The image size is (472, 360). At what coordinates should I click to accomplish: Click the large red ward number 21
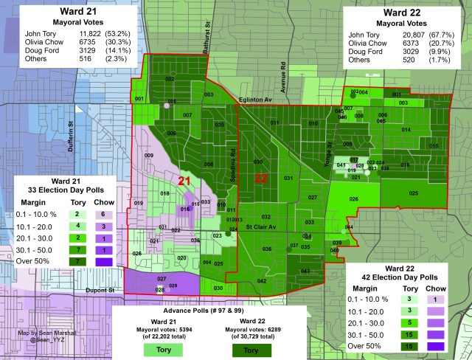[184, 180]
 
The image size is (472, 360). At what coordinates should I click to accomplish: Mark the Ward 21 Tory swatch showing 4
[77, 225]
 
